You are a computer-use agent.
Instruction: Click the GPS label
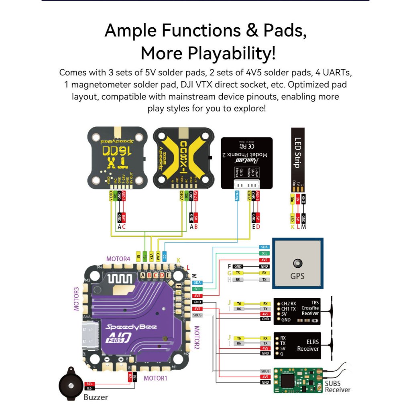(x=297, y=276)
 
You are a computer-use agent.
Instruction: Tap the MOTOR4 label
(x=118, y=259)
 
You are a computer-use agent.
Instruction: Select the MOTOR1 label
(x=155, y=378)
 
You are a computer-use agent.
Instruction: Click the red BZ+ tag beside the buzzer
(x=90, y=384)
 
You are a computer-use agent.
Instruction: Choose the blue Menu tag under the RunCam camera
(x=237, y=197)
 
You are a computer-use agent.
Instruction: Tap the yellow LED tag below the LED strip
(x=293, y=218)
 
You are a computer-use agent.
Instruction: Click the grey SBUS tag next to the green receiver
(x=265, y=371)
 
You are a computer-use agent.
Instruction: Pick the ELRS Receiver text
(x=308, y=346)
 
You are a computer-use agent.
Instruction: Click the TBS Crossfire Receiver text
(x=310, y=308)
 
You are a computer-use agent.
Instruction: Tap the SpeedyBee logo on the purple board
(x=127, y=327)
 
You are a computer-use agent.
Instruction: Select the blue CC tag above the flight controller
(x=165, y=255)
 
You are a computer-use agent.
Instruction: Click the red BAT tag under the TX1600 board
(x=124, y=218)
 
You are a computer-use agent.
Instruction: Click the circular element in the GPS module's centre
(x=297, y=263)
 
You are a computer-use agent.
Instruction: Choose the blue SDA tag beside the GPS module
(x=264, y=247)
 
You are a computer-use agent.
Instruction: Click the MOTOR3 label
(x=77, y=299)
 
